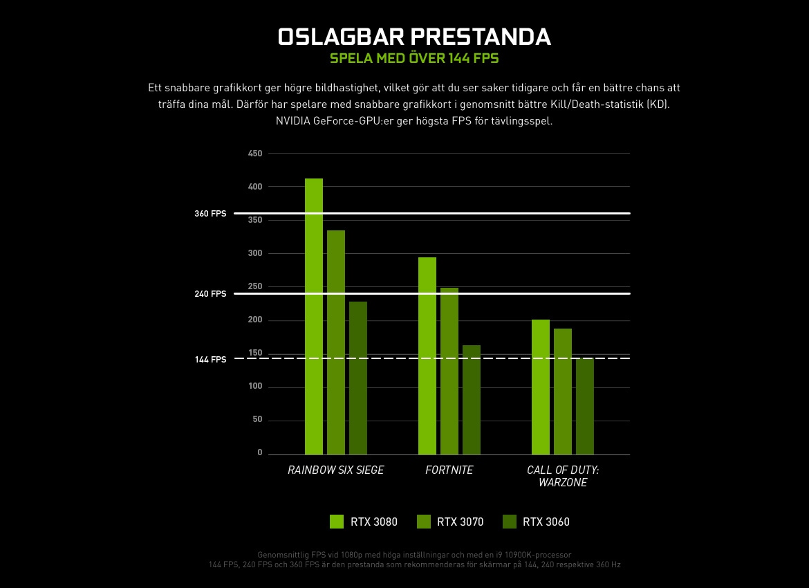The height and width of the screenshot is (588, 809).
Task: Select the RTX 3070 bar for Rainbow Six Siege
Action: point(336,342)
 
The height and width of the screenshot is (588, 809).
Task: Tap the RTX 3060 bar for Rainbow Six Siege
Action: point(358,378)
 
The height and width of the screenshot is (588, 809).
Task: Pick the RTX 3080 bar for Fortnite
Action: point(427,356)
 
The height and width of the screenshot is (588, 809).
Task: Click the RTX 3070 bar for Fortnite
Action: point(449,371)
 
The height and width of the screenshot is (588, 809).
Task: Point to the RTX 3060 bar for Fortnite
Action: point(472,400)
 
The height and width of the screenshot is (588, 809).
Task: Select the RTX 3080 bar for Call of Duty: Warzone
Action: point(541,387)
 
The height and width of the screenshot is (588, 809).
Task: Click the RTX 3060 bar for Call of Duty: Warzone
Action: point(585,406)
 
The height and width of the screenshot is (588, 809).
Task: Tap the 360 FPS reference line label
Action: point(210,214)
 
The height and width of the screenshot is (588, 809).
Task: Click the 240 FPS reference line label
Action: point(210,294)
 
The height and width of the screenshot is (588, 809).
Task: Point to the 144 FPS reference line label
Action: point(210,360)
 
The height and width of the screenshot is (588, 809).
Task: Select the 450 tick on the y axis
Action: point(255,154)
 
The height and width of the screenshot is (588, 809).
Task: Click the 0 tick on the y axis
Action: point(260,452)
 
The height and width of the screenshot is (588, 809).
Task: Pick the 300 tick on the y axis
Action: point(255,254)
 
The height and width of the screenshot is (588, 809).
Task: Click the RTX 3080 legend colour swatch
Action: point(337,522)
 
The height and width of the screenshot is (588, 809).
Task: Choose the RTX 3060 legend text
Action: point(546,522)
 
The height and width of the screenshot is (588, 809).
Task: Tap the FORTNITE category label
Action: point(449,470)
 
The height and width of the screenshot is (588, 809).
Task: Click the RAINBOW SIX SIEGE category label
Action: point(336,470)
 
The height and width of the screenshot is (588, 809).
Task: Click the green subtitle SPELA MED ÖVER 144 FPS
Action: point(414,58)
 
